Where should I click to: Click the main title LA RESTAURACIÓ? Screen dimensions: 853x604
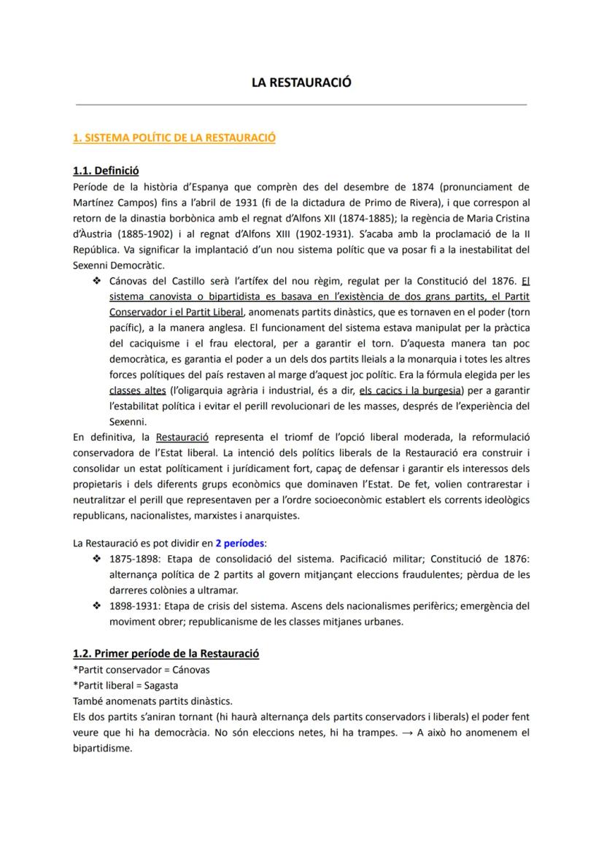(301, 82)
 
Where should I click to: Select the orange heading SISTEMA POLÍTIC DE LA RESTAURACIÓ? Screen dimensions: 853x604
(174, 137)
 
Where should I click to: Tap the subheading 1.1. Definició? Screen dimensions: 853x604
(106, 171)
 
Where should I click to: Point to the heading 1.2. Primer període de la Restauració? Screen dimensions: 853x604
(166, 653)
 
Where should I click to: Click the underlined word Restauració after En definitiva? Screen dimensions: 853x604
(182, 437)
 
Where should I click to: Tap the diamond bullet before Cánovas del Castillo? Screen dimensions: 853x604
(96, 281)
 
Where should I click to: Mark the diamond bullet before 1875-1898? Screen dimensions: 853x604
(96, 559)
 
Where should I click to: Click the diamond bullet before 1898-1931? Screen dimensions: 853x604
(96, 606)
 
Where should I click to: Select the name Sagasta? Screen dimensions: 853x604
(160, 685)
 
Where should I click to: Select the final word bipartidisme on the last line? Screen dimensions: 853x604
(102, 749)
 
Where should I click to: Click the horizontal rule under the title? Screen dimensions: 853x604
(301, 104)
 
